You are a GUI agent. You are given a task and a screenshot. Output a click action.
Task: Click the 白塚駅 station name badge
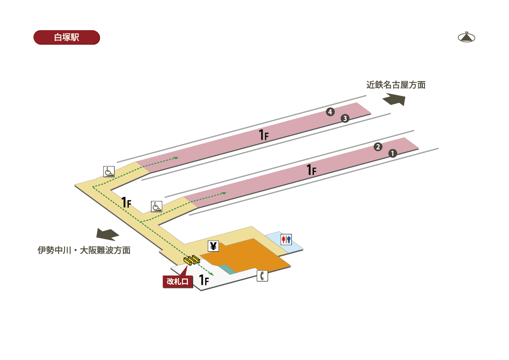[67, 37]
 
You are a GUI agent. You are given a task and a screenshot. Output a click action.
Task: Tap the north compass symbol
[467, 37]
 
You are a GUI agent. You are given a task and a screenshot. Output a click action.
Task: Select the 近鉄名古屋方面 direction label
[396, 85]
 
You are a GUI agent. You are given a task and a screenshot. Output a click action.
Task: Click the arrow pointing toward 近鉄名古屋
[394, 100]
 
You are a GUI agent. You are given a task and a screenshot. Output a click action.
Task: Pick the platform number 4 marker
[330, 112]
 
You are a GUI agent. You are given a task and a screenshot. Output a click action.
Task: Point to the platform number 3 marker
[345, 118]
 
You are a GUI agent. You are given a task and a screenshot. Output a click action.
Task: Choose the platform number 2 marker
[378, 147]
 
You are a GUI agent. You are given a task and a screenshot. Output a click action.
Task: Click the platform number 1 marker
[393, 154]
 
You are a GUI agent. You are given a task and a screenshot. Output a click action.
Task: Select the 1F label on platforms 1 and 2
[311, 170]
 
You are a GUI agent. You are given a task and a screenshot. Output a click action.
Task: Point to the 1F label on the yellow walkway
[126, 202]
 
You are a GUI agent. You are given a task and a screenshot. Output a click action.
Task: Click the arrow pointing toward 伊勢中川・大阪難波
[108, 234]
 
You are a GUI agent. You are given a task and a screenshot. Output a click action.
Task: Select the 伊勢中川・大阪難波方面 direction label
[84, 250]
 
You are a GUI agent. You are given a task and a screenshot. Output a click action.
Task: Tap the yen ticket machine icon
[213, 246]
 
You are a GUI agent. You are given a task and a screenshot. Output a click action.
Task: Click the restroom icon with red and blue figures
[286, 239]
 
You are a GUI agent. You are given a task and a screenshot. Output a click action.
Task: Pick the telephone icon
[263, 276]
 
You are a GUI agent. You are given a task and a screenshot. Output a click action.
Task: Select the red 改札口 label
[178, 281]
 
